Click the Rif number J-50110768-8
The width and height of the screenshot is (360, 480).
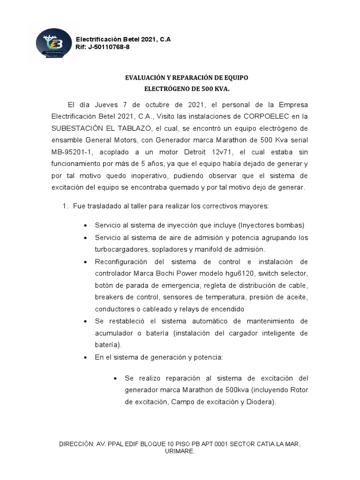109,47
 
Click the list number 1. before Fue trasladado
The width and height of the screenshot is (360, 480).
65,206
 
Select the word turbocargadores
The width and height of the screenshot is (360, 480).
123,249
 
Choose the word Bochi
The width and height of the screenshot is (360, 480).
165,273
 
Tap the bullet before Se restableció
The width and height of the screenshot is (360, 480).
85,321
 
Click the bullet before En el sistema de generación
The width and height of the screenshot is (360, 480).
85,357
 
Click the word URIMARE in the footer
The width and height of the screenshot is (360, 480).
180,451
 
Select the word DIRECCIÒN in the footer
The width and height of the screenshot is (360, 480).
75,443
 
